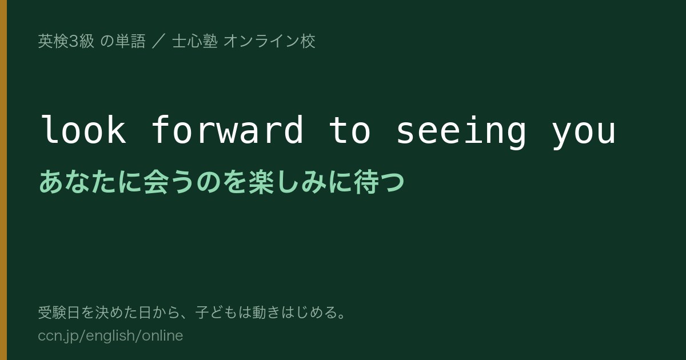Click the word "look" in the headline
pos(83,130)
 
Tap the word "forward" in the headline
pos(228,130)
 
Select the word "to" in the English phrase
pos(349,131)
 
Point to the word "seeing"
pos(461,132)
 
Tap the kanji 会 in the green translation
pos(156,182)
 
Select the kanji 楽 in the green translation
pos(261,182)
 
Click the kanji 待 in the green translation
pos(366,182)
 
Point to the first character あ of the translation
pos(51,182)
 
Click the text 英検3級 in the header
pos(66,41)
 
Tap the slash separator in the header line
pos(158,41)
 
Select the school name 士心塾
pos(195,41)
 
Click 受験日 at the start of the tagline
pos(59,313)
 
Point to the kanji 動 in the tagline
pos(259,313)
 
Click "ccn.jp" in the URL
pos(58,336)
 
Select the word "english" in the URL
pos(110,336)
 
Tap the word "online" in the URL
pos(162,335)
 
